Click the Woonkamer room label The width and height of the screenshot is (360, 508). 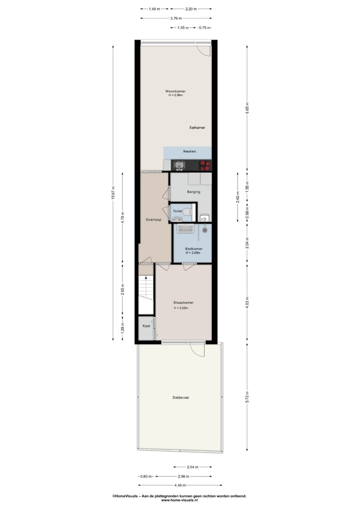click(x=175, y=91)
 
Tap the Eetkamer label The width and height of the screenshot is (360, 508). click(x=197, y=128)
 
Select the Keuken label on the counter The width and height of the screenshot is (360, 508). click(x=189, y=151)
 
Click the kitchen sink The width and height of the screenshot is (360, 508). click(x=178, y=164)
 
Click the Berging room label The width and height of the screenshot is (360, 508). click(x=193, y=192)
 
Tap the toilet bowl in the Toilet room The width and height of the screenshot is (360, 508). click(x=186, y=212)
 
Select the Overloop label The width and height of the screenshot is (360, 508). click(x=153, y=220)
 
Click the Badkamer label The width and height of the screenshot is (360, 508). click(x=193, y=249)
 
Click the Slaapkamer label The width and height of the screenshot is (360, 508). click(x=183, y=303)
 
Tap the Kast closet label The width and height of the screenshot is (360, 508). click(x=146, y=326)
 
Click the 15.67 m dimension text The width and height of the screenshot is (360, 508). click(x=113, y=193)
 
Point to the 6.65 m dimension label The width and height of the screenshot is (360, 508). click(x=247, y=108)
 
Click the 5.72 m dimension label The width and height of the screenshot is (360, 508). click(x=247, y=400)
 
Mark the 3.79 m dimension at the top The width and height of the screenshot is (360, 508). click(x=175, y=18)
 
